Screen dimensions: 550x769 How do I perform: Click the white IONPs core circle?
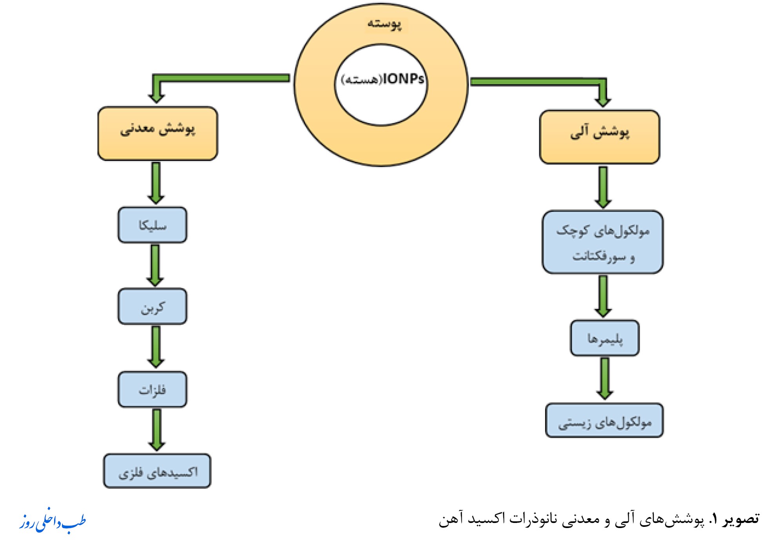pos(381,85)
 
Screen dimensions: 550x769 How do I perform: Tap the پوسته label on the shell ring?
pos(384,24)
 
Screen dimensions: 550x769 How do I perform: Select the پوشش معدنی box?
pos(158,133)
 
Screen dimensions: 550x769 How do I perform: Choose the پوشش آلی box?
pos(599,137)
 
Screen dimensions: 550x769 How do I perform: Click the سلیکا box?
pos(152,225)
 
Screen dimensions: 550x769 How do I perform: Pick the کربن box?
pos(152,307)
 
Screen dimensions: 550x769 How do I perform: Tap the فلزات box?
pos(152,390)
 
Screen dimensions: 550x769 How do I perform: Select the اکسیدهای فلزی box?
pos(157,471)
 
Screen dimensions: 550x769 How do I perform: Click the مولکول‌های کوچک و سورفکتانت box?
pos(602,242)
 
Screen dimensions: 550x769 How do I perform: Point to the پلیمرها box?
pos(604,338)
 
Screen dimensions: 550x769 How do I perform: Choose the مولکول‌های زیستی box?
pos(604,421)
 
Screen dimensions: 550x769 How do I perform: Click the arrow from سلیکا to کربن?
pos(155,265)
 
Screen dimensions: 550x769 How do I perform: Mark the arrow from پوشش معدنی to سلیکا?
pos(156,182)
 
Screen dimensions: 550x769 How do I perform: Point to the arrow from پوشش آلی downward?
pos(603,187)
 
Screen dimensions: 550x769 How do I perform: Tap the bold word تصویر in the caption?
pos(742,519)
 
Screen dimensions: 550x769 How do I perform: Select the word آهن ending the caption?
pos(449,519)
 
